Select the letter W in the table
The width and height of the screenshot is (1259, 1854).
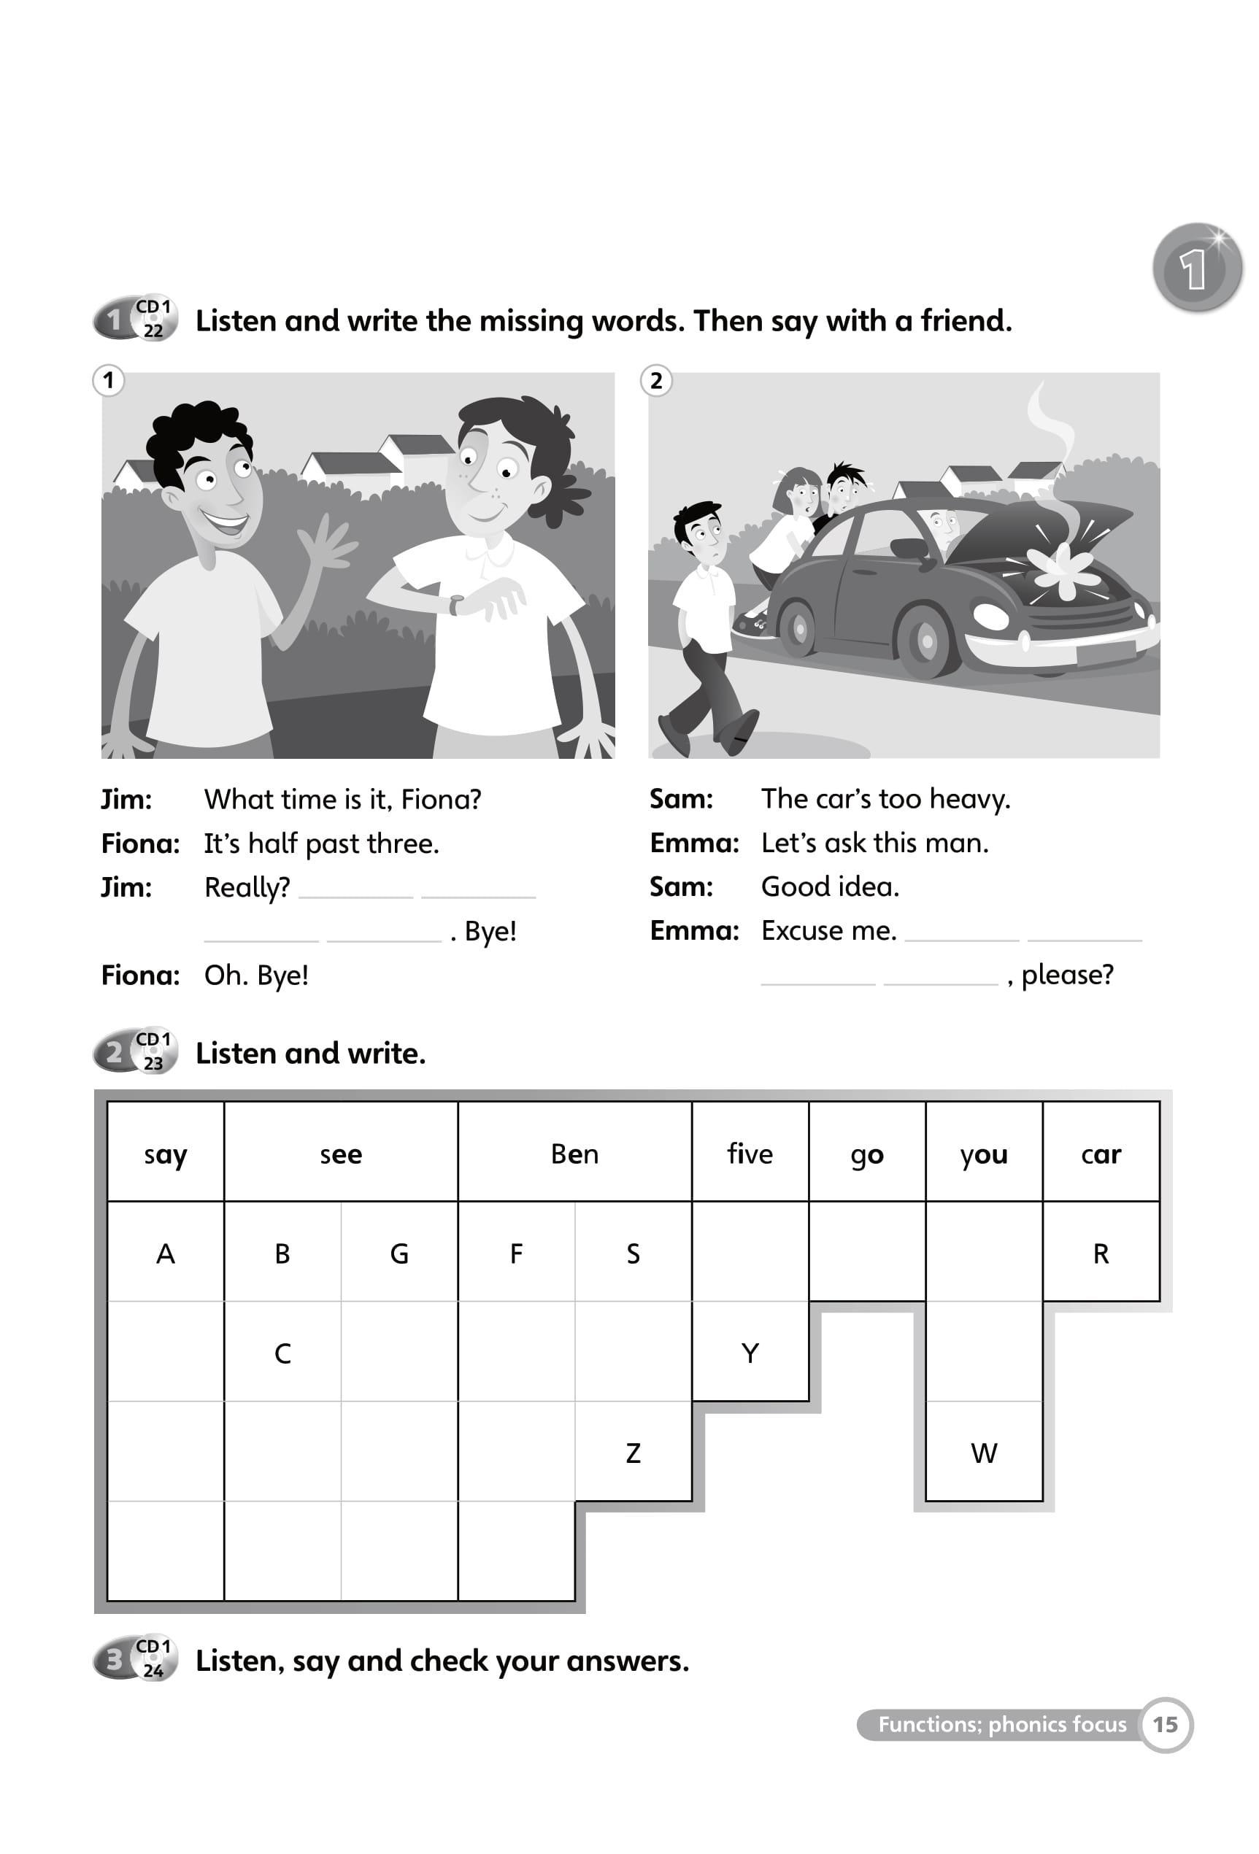click(x=983, y=1453)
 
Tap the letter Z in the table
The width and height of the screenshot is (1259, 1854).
click(x=633, y=1453)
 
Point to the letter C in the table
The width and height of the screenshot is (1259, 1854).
click(x=282, y=1353)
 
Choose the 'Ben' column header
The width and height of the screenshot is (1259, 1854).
click(x=574, y=1154)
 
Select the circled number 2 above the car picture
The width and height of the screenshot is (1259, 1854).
click(x=656, y=381)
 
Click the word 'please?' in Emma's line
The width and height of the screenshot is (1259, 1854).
click(x=1067, y=974)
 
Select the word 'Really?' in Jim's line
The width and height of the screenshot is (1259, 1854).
click(x=247, y=887)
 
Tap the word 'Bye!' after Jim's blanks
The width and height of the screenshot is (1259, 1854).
click(x=490, y=931)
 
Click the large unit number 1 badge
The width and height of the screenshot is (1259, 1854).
click(x=1197, y=267)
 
